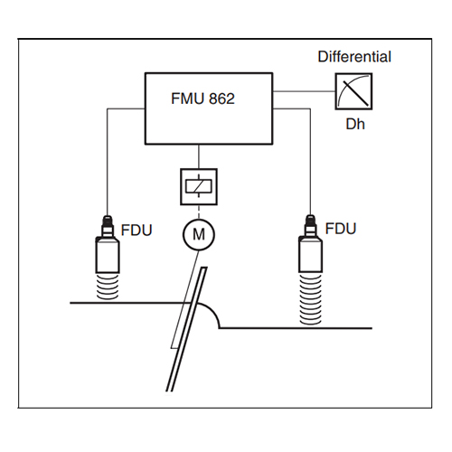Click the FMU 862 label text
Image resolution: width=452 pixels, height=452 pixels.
202,99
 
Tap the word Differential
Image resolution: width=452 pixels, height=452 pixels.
354,57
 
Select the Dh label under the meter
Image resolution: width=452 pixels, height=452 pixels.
355,124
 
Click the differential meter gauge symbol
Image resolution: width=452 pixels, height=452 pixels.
353,91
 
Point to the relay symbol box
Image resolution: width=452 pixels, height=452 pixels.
199,187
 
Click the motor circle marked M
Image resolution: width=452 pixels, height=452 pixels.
199,234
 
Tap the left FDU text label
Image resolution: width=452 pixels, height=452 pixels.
137,231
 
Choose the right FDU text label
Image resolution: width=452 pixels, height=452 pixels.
341,229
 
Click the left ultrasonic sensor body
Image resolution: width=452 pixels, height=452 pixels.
108,255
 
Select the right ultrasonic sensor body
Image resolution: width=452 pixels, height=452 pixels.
310,254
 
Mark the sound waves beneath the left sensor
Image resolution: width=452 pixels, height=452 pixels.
108,287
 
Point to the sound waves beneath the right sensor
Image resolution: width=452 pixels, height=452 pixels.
310,299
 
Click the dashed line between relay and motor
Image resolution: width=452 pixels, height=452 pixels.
199,212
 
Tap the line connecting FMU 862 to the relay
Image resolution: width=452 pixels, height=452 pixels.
199,156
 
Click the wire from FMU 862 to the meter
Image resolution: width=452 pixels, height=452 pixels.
304,91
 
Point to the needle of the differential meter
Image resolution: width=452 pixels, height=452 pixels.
356,93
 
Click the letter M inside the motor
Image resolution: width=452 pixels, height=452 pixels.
199,234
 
